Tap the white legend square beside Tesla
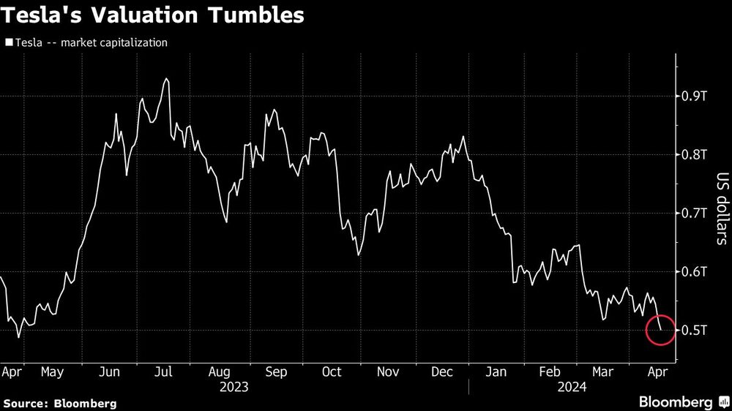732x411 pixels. (x=8, y=43)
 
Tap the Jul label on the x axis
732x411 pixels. (x=163, y=372)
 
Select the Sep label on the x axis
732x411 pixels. (x=276, y=372)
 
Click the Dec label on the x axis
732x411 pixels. (x=441, y=372)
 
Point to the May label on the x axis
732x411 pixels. (x=52, y=372)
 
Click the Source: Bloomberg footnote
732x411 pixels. (x=60, y=403)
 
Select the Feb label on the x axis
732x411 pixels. (x=550, y=372)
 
